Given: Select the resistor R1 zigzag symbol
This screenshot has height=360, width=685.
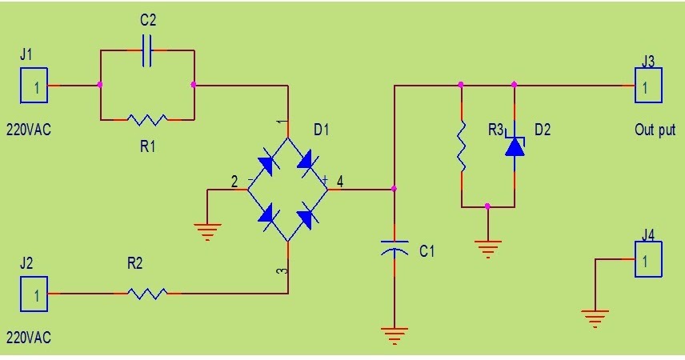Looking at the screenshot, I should tap(147, 120).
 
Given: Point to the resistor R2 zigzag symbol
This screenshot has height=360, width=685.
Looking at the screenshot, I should tap(147, 294).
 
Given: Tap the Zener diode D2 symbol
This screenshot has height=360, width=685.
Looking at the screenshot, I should tap(514, 146).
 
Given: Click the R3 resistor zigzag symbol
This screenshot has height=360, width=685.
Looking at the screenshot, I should tap(462, 146).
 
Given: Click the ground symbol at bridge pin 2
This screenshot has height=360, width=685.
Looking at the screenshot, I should tap(207, 232).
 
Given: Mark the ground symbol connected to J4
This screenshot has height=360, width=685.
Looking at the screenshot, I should tap(593, 319).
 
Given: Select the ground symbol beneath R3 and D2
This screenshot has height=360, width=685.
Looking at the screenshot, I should tap(487, 246).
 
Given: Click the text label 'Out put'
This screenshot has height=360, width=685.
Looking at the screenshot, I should tap(655, 130).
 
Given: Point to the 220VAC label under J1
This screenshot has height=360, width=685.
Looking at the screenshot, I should tap(29, 130).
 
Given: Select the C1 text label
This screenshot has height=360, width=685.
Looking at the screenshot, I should tap(427, 251).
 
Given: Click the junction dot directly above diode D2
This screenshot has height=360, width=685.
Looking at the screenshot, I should tap(514, 84).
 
